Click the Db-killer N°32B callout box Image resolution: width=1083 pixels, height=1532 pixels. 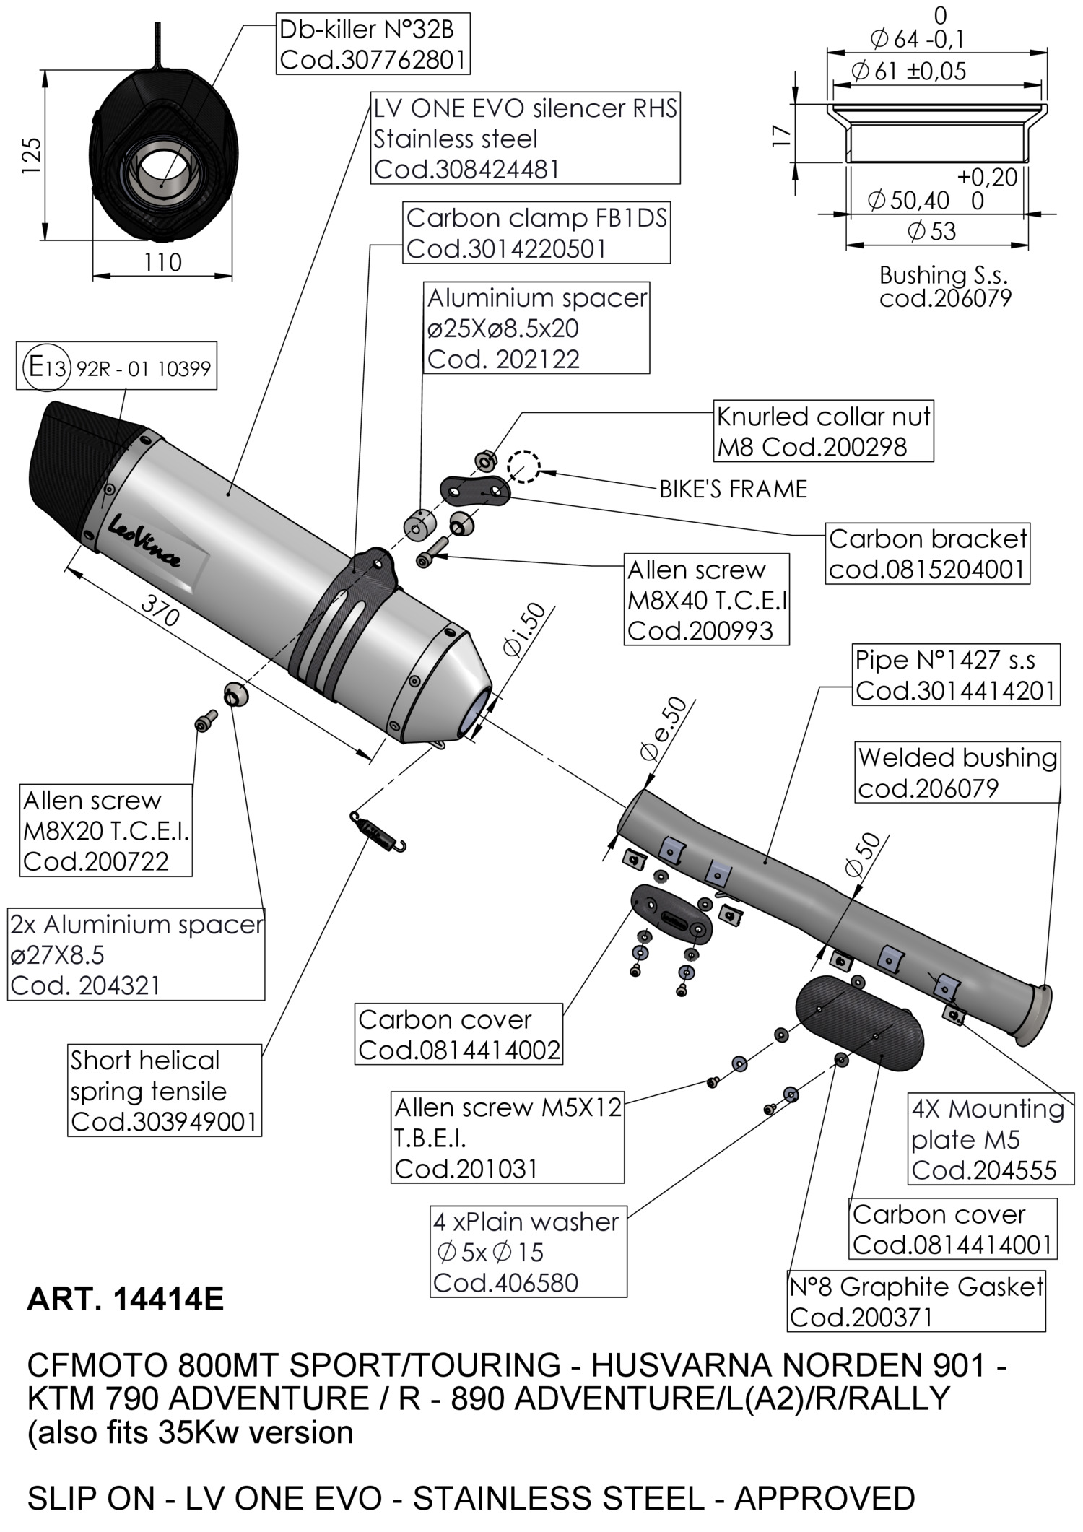coord(373,45)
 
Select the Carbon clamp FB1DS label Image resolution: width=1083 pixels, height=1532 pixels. coord(536,233)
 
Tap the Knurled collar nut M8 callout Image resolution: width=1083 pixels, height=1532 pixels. coord(823,431)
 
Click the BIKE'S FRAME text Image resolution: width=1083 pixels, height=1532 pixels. coord(733,489)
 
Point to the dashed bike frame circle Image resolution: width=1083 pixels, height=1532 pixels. coord(523,466)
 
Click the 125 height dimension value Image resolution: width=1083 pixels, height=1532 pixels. coord(31,154)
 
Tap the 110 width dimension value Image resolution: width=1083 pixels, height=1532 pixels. coord(162,262)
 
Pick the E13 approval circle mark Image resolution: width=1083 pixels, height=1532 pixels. coord(45,367)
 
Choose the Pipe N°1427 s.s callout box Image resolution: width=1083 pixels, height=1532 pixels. coord(956,675)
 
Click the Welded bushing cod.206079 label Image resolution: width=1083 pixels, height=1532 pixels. coord(957,772)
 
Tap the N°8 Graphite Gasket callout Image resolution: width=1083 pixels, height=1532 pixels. coord(916,1302)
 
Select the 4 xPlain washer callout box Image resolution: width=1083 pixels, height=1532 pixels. coord(528,1252)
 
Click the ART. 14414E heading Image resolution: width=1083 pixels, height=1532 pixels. coord(126,1300)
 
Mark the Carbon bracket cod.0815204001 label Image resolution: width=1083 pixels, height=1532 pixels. coord(927,554)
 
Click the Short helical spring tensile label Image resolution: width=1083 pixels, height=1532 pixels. coord(164,1091)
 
